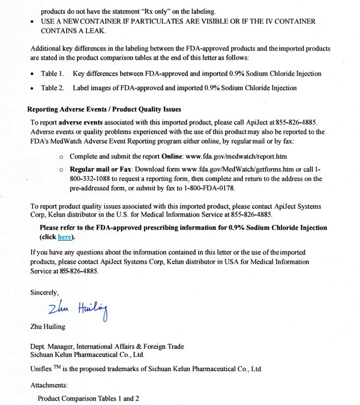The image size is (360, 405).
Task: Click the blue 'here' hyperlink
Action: click(x=65, y=237)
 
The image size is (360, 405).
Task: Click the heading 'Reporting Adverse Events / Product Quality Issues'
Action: click(x=104, y=109)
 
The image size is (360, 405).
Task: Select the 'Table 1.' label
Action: click(x=53, y=73)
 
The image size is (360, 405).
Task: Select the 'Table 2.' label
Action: click(x=53, y=88)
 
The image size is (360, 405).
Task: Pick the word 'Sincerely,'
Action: click(x=45, y=292)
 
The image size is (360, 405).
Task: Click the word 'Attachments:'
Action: click(x=49, y=385)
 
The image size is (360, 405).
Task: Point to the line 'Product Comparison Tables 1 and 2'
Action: click(x=88, y=398)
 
